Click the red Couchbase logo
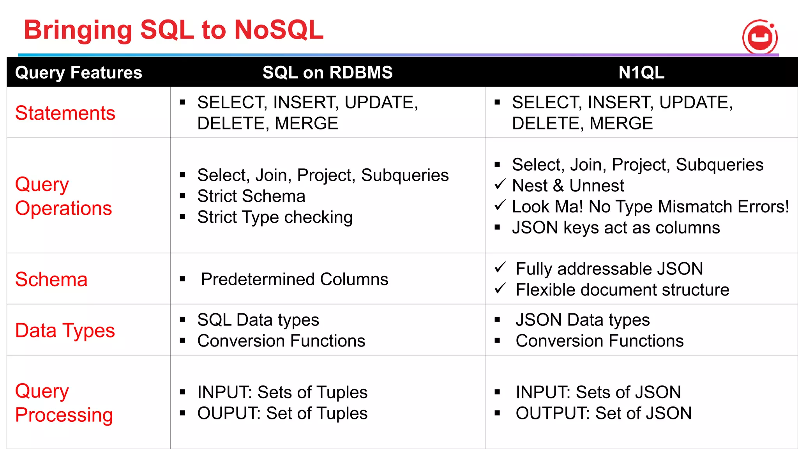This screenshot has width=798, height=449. pos(760,37)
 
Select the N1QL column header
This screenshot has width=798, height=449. pos(641,72)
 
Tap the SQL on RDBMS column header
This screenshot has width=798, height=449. pos(327,72)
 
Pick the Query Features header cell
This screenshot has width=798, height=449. pos(78,72)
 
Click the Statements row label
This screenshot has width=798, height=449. pos(65,113)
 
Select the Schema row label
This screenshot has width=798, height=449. pos(51,279)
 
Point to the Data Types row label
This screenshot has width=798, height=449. pos(65,331)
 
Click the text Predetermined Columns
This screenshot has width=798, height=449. pos(294,279)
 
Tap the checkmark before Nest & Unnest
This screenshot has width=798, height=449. pos(500,184)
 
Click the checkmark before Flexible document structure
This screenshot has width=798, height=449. pos(500,288)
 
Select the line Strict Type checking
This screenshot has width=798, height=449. pos(275,217)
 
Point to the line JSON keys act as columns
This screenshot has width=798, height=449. pos(616,228)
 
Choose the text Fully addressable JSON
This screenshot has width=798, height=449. pos(609,269)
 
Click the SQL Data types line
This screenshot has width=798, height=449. pos(258,320)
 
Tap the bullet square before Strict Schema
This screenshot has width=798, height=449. pos(182,196)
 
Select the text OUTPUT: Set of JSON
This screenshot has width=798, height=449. pos(603,413)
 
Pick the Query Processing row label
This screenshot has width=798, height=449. pos(64,403)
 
